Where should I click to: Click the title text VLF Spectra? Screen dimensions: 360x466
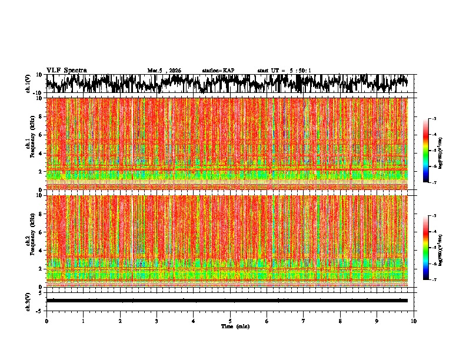click(66, 71)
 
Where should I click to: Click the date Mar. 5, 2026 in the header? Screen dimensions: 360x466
click(164, 71)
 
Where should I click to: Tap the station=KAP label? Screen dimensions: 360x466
click(218, 71)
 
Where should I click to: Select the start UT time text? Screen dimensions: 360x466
click(284, 71)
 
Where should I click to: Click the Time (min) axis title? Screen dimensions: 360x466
click(235, 326)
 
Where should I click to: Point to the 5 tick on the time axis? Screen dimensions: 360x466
click(230, 321)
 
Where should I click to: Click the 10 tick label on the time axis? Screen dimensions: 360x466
click(414, 321)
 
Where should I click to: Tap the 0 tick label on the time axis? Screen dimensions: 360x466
click(46, 321)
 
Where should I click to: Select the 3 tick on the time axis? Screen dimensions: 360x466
click(157, 321)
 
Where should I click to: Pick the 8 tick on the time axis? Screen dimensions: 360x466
click(340, 321)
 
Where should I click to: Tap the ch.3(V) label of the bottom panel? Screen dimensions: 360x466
click(28, 301)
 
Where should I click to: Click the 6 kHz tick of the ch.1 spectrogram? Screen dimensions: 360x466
click(39, 135)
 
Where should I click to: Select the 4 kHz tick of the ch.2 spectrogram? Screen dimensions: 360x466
click(39, 250)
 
